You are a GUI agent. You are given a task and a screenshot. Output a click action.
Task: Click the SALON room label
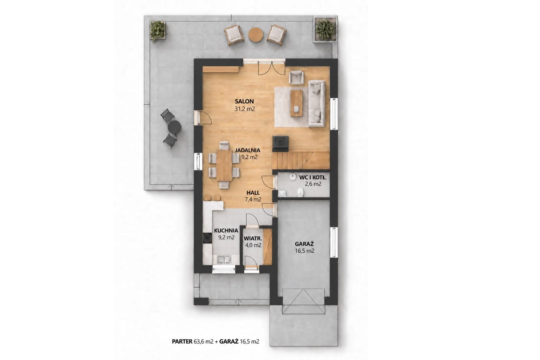[x=244, y=101]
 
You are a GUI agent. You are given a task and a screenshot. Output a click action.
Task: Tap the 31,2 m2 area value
[x=245, y=109]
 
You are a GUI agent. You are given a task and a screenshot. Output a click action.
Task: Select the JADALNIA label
[x=247, y=150]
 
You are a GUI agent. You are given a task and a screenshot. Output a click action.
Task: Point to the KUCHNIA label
[x=226, y=231]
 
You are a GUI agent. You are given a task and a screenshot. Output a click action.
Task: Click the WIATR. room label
[x=253, y=239]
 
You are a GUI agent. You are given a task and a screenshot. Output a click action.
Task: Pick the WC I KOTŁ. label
[x=313, y=178]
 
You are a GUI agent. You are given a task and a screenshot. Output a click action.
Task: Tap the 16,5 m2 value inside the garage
[x=304, y=251]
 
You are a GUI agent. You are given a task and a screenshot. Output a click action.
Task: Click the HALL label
[x=253, y=193]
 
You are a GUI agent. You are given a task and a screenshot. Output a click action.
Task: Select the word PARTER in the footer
[x=182, y=341]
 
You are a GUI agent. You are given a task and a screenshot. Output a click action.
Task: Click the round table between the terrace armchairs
[x=256, y=35]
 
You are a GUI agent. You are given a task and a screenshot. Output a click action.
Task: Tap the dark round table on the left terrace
[x=174, y=127]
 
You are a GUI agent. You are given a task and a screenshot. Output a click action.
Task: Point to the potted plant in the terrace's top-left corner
[x=158, y=30]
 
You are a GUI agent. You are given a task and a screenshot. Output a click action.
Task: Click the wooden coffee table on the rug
[x=296, y=103]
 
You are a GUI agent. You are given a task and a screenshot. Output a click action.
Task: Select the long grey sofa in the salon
[x=316, y=103]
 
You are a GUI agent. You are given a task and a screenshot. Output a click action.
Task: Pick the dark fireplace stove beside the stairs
[x=280, y=144]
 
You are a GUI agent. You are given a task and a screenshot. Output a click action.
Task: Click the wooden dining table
[x=224, y=165]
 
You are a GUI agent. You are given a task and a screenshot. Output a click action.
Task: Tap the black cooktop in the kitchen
[x=207, y=238]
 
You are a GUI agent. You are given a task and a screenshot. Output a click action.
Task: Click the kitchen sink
[x=224, y=260]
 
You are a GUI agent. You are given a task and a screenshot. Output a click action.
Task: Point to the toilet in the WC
[x=300, y=192]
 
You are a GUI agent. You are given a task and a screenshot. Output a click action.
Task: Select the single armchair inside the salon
[x=296, y=77]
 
